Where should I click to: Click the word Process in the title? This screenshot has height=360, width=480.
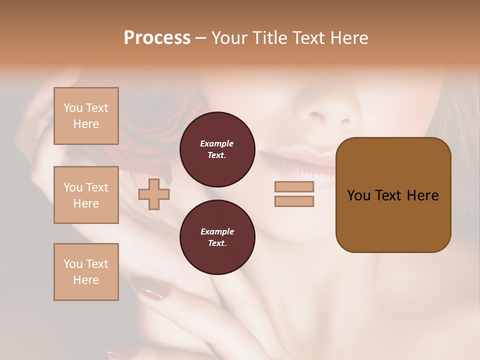point(157,38)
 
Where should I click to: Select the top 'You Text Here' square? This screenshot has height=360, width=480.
point(86,116)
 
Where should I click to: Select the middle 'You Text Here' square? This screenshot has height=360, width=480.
point(86,195)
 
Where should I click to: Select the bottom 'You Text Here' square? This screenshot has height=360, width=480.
point(86,272)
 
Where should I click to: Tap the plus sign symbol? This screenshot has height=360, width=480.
point(154,194)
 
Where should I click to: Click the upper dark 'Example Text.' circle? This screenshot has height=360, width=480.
point(217,149)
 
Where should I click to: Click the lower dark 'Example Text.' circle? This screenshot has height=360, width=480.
point(217,237)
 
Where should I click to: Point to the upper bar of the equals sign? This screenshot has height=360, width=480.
point(294,187)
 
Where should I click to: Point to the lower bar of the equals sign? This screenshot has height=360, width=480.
point(294,201)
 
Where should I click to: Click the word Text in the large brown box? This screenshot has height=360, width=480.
point(388,195)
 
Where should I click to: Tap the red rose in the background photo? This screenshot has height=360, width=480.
point(150,120)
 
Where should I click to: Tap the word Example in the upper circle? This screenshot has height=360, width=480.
point(216,143)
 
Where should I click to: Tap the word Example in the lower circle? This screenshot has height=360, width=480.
point(217,231)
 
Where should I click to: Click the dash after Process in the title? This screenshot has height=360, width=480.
point(201,38)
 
